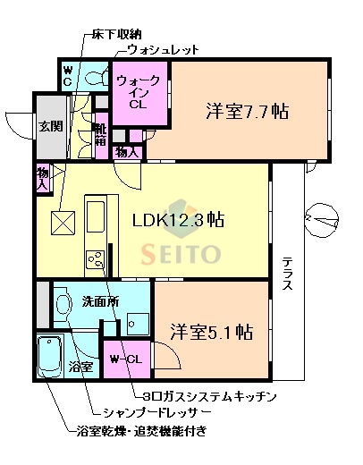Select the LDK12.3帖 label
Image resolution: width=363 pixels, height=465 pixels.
coord(179,221)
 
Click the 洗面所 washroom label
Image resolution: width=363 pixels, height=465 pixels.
coord(100,301)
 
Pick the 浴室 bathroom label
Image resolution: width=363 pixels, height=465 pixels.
coord(81,367)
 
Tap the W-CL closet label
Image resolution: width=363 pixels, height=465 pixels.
coord(125,359)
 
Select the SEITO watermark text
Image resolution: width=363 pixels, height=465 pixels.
coord(180,254)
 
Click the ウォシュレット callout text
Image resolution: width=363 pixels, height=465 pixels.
coord(163,50)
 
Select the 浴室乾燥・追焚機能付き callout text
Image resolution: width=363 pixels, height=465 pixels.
coord(142,433)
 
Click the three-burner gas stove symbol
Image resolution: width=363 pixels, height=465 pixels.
coord(94,259)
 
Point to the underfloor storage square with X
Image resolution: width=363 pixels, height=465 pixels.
coord(63,222)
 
